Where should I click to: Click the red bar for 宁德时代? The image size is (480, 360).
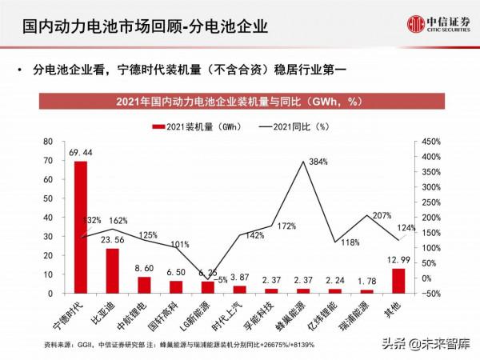click(x=81, y=227)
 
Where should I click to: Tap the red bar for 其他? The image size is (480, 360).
click(x=396, y=281)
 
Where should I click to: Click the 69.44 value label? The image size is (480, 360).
click(x=81, y=152)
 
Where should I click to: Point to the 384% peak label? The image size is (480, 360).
click(x=319, y=162)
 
